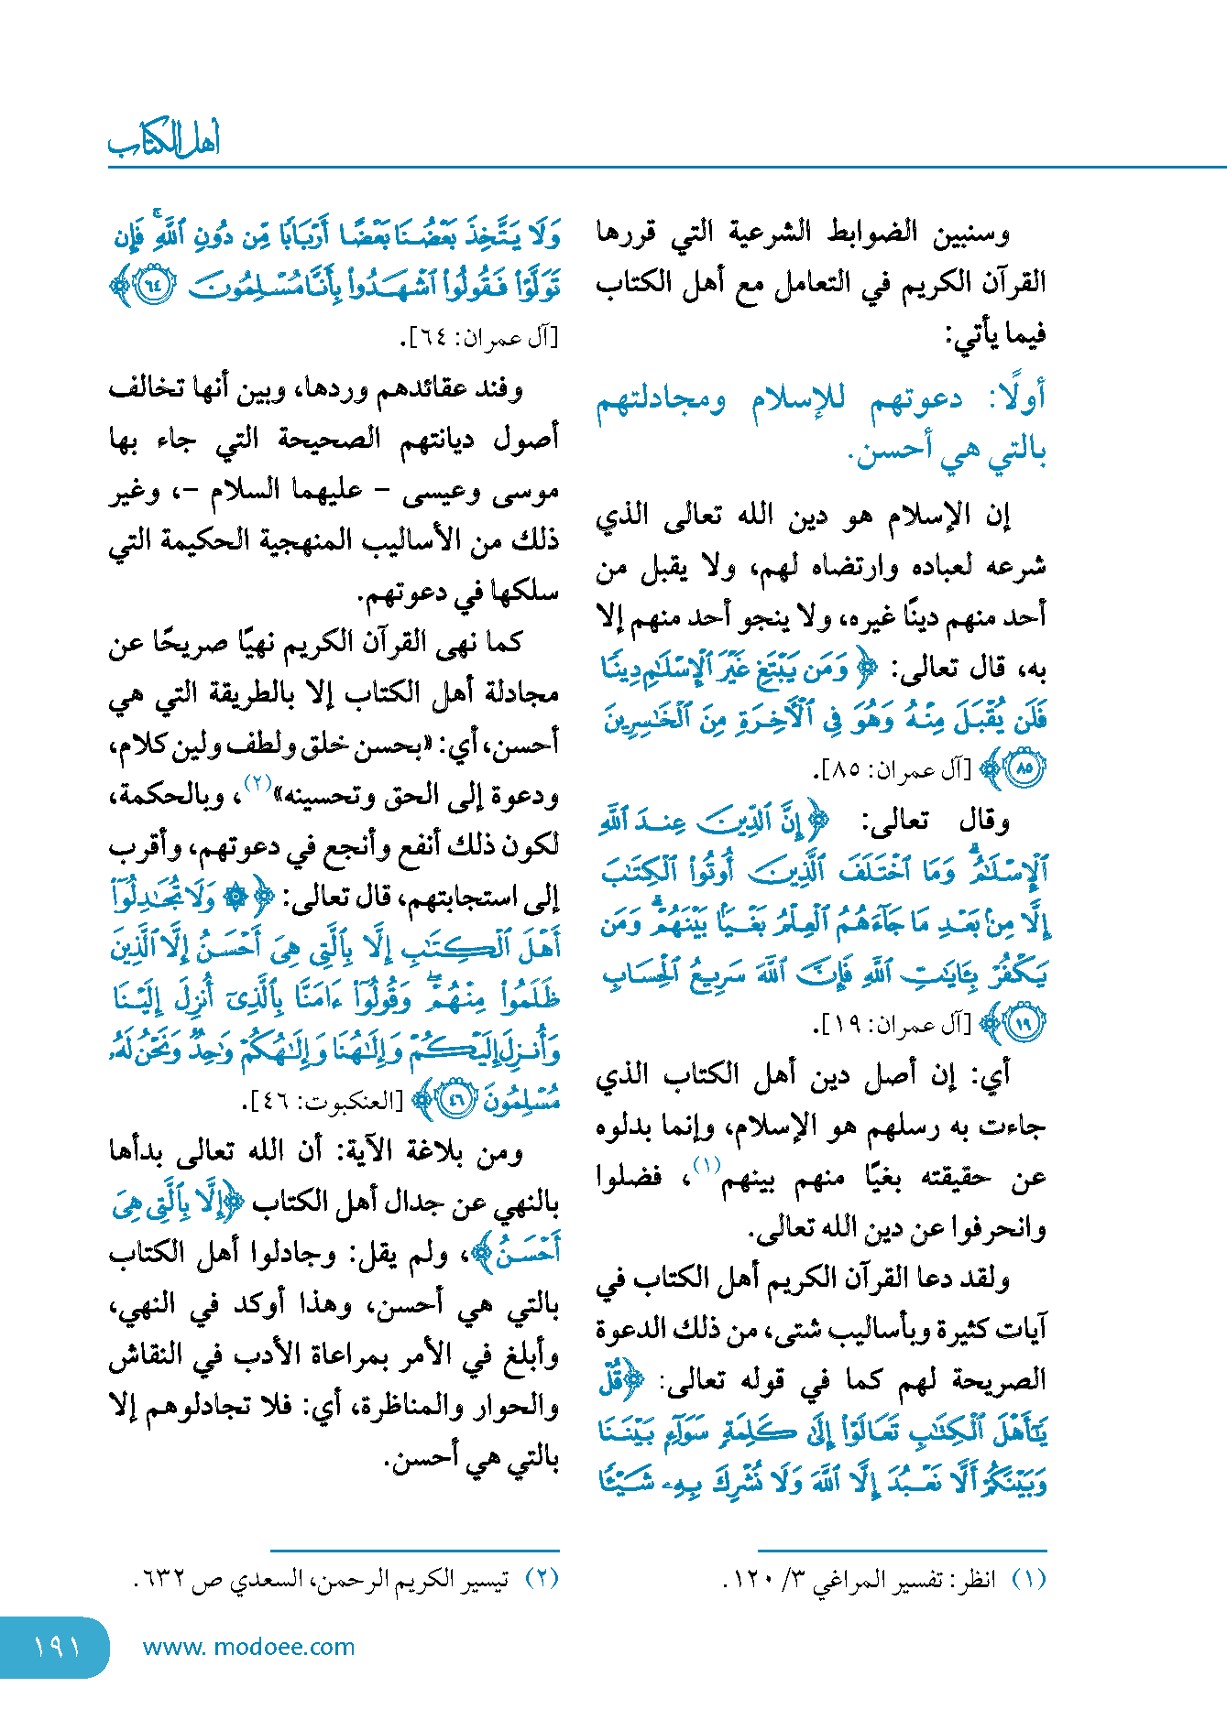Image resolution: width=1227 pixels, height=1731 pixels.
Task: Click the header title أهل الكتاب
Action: click(x=165, y=139)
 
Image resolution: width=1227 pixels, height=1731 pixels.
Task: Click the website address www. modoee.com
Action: click(x=248, y=1647)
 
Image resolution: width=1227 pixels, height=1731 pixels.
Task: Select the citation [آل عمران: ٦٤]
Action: click(x=478, y=339)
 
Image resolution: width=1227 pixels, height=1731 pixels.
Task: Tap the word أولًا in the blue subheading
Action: click(x=1016, y=398)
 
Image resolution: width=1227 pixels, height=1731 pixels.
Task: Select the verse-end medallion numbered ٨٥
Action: click(x=1023, y=769)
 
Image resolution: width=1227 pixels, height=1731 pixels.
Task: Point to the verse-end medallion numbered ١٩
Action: click(x=1023, y=1024)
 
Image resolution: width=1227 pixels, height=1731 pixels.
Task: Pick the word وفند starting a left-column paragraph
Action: click(x=499, y=389)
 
